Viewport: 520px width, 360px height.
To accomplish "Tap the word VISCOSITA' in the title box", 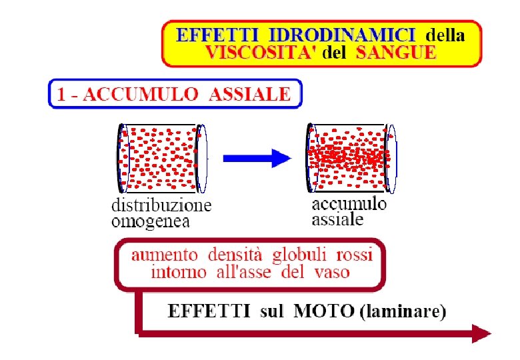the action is pos(261,53).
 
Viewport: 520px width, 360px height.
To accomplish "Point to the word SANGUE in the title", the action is pos(396,53).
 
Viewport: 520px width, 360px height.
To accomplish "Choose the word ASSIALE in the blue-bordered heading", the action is pos(250,94).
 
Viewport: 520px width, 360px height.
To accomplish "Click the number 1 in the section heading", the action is pos(62,94).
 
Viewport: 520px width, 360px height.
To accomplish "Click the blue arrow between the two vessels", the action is pos(257,158).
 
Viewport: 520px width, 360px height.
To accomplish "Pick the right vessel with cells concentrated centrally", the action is pos(349,157).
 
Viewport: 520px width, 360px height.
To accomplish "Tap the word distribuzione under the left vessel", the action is pos(161,205).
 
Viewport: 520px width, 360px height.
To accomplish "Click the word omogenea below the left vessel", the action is pos(151,220).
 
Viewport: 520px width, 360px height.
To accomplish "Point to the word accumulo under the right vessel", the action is pos(349,203).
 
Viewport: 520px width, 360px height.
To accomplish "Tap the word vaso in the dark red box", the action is pos(331,272).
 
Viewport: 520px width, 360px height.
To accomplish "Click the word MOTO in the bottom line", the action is pos(320,311).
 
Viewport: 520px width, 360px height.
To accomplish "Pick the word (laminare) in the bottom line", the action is pos(403,312).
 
